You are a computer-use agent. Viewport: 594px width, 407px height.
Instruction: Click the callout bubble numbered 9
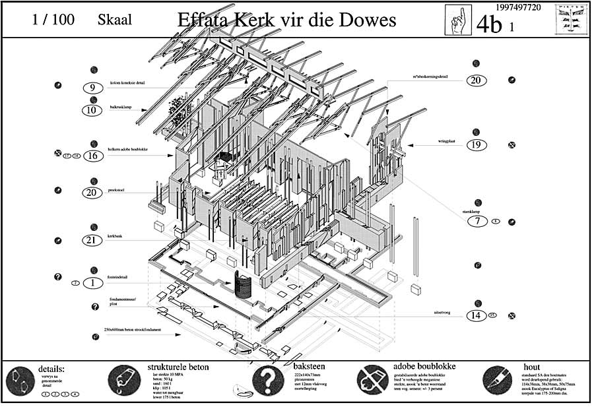pyautogui.click(x=93, y=87)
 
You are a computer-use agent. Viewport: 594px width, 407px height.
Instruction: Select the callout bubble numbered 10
pyautogui.click(x=93, y=110)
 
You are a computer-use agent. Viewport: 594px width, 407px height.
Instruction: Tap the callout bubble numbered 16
pyautogui.click(x=93, y=156)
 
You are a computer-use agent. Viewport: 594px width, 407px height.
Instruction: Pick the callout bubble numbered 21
pyautogui.click(x=93, y=240)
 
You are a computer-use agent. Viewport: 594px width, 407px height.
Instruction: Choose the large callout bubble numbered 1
pyautogui.click(x=93, y=283)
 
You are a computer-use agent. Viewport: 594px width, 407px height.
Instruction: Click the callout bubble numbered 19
pyautogui.click(x=476, y=145)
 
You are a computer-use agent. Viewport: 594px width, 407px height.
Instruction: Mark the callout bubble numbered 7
pyautogui.click(x=476, y=221)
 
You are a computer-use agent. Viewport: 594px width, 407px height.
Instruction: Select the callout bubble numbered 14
pyautogui.click(x=476, y=315)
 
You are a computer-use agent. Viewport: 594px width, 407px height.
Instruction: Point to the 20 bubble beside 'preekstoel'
pyautogui.click(x=93, y=193)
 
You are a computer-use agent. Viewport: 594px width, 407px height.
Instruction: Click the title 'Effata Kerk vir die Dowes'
pyautogui.click(x=286, y=20)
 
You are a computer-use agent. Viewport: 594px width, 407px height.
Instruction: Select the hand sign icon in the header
pyautogui.click(x=457, y=20)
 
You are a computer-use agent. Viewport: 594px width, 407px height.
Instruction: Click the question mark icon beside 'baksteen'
pyautogui.click(x=268, y=380)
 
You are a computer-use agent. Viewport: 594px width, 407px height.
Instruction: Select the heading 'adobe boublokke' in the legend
pyautogui.click(x=424, y=366)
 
